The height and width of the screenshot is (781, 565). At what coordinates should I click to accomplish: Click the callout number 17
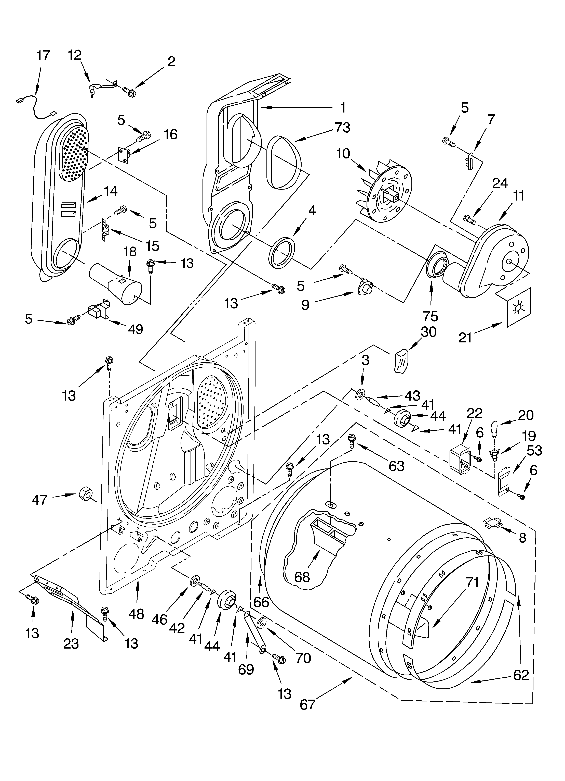(x=43, y=55)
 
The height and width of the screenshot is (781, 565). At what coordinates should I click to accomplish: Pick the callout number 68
(x=302, y=577)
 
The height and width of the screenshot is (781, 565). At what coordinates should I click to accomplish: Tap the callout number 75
(x=430, y=316)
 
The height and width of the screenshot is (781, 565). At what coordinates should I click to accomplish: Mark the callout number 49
(x=136, y=330)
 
